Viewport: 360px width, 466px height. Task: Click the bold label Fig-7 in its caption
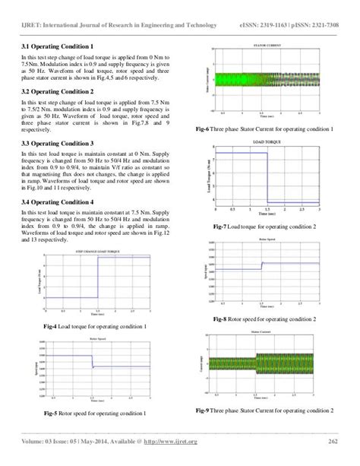(224, 227)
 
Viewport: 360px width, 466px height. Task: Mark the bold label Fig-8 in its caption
(223, 319)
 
